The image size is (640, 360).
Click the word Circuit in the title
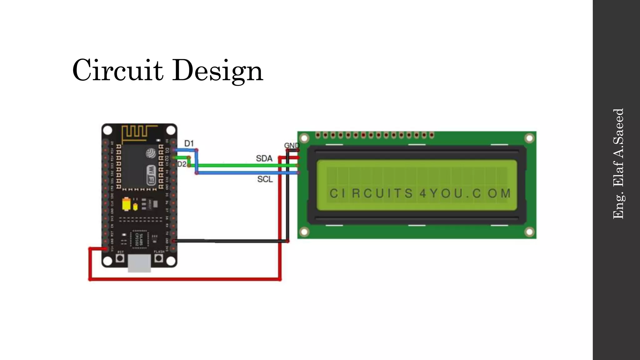point(117,70)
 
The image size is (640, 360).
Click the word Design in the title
point(217,71)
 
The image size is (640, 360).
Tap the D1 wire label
point(189,143)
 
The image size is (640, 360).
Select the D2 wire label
point(182,164)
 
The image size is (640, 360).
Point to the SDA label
point(264,158)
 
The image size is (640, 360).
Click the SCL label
point(265,179)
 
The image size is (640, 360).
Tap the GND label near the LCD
point(291,146)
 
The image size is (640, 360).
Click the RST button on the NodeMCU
point(120,258)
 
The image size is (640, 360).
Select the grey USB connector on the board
point(139,263)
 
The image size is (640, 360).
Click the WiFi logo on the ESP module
point(151,175)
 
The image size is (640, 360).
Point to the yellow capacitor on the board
point(126,204)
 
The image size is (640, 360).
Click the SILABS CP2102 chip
point(139,239)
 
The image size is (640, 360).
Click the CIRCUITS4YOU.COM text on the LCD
point(420,193)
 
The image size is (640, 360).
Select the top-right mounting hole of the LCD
point(529,138)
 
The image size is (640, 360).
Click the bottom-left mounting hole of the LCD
point(304,232)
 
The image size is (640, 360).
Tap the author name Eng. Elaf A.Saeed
point(618,164)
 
